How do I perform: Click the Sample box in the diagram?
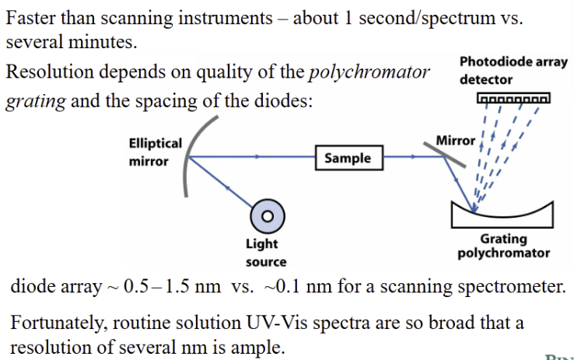[x=348, y=158]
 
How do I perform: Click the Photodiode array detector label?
[x=513, y=70]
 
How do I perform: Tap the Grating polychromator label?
[x=503, y=246]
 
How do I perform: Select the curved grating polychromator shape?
[x=502, y=213]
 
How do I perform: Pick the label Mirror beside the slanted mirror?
[x=455, y=140]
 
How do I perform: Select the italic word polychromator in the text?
[x=369, y=73]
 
